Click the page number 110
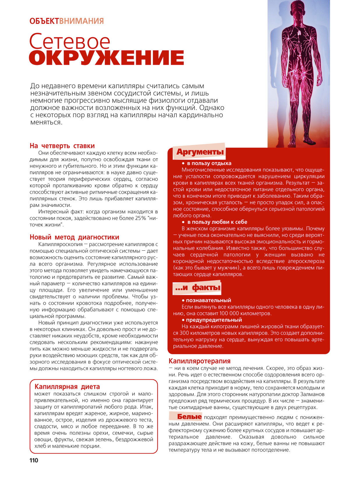(x=34, y=460)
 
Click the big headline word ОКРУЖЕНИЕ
(x=106, y=58)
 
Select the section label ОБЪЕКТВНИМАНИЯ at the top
(x=67, y=21)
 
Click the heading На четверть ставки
(x=62, y=146)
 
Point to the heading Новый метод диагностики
(x=74, y=237)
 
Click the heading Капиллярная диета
(x=67, y=386)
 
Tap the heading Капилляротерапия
(x=200, y=361)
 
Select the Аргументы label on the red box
(x=200, y=152)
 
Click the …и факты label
(x=198, y=288)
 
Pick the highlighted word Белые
(x=189, y=417)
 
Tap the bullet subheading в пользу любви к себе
(x=217, y=222)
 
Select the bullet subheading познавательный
(x=208, y=300)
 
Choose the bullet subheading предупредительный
(x=214, y=320)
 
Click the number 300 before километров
(x=185, y=333)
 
